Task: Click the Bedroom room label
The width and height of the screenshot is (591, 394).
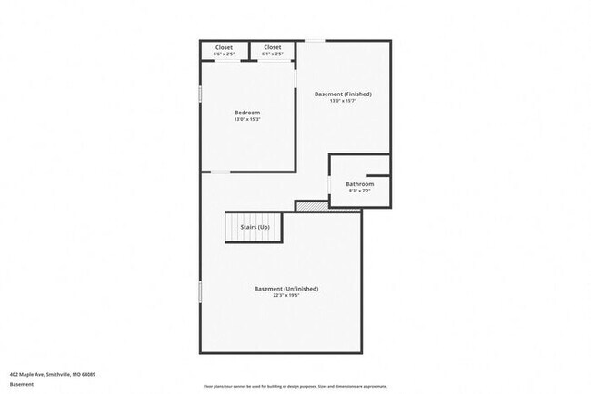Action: pyautogui.click(x=247, y=113)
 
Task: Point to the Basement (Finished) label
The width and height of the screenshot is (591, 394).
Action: pyautogui.click(x=343, y=94)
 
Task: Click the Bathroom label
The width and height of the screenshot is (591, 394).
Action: pyautogui.click(x=359, y=184)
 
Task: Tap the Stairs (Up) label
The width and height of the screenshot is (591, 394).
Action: pyautogui.click(x=255, y=226)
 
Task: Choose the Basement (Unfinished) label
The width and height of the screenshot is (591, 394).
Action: pyautogui.click(x=286, y=289)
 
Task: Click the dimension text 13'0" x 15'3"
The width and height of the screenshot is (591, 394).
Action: pyautogui.click(x=247, y=119)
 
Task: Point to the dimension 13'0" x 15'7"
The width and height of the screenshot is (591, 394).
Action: pyautogui.click(x=343, y=100)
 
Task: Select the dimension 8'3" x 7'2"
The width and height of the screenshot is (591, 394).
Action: pyautogui.click(x=359, y=191)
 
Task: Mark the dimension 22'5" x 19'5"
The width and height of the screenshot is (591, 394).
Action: pyautogui.click(x=286, y=295)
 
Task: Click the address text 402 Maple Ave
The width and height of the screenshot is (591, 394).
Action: pyautogui.click(x=53, y=373)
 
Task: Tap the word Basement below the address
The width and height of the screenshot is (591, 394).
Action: pyautogui.click(x=21, y=384)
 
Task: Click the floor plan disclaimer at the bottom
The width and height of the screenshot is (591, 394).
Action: pyautogui.click(x=295, y=384)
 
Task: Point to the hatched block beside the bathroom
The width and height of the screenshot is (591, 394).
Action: pyautogui.click(x=312, y=206)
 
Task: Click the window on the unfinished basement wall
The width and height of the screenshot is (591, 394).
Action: pyautogui.click(x=200, y=291)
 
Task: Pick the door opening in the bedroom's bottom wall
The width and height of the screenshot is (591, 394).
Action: pyautogui.click(x=221, y=171)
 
